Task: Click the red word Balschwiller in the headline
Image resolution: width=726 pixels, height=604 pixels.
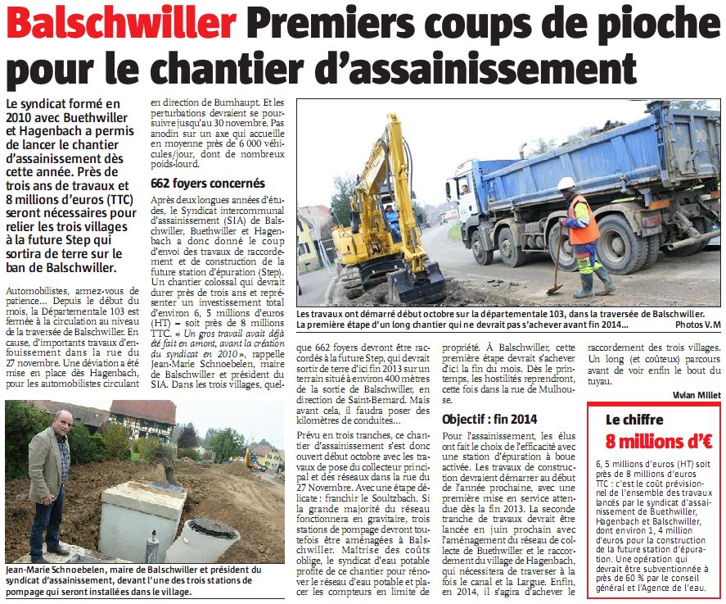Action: coord(121,25)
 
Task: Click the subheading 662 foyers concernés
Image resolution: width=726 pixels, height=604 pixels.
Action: coord(208,184)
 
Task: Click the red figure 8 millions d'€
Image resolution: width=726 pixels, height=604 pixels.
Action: coord(658,440)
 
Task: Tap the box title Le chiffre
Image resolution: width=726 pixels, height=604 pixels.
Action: coord(634,419)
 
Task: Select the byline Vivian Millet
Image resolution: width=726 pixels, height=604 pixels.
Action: coord(697,394)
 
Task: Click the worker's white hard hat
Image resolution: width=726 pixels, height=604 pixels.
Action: coord(566,184)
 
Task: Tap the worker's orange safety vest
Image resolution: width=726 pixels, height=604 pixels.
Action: coord(584,223)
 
